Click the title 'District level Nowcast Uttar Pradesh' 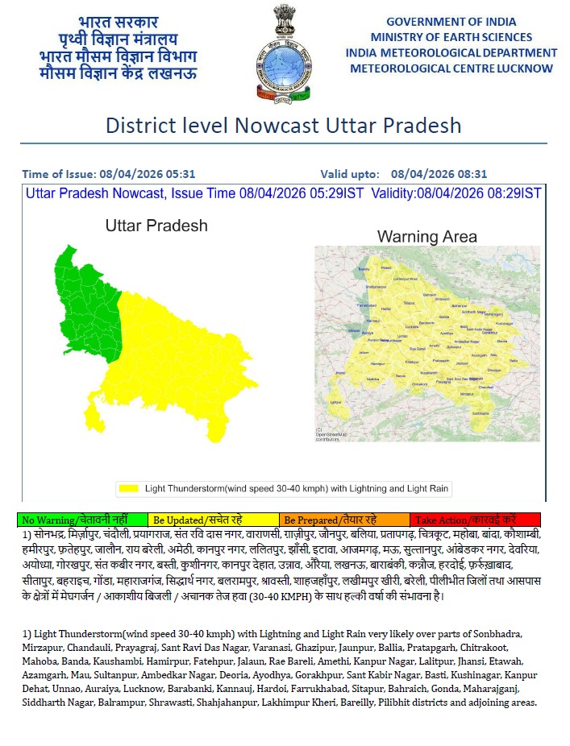coord(284,126)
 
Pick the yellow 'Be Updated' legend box coord(214,520)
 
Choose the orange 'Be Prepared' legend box coord(344,520)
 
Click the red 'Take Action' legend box coord(475,520)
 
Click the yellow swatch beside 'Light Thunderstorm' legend coord(128,488)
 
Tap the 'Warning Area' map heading coord(427,237)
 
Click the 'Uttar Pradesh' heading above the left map coord(156,226)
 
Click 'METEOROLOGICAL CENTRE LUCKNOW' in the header coord(451,68)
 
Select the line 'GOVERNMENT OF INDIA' coord(451,21)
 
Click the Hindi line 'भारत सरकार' coord(119,22)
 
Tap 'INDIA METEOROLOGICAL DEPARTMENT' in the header coord(451,52)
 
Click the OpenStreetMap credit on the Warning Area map coord(331,434)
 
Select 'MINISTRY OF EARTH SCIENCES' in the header coord(451,37)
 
